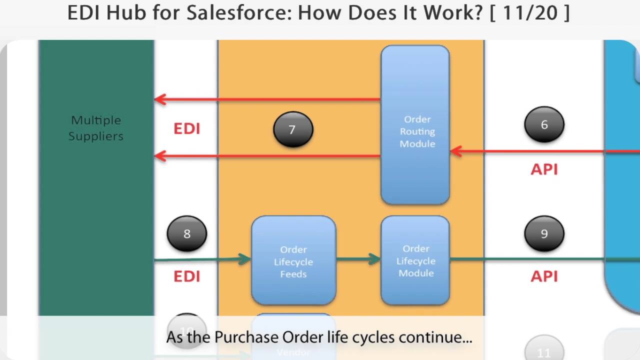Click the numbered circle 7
tap(293, 129)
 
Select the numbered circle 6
tap(544, 124)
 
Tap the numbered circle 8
tap(186, 233)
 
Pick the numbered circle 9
tap(544, 233)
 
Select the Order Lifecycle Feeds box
tap(293, 261)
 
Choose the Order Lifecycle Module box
tap(415, 260)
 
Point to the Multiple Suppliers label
tap(96, 128)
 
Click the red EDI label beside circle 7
tap(186, 129)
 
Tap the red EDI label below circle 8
tap(186, 276)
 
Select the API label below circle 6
tap(544, 169)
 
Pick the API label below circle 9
tap(544, 276)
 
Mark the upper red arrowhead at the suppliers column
tap(160, 99)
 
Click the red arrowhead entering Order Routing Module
tap(455, 151)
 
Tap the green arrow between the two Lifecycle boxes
tap(358, 259)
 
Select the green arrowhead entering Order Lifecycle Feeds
tap(245, 258)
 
